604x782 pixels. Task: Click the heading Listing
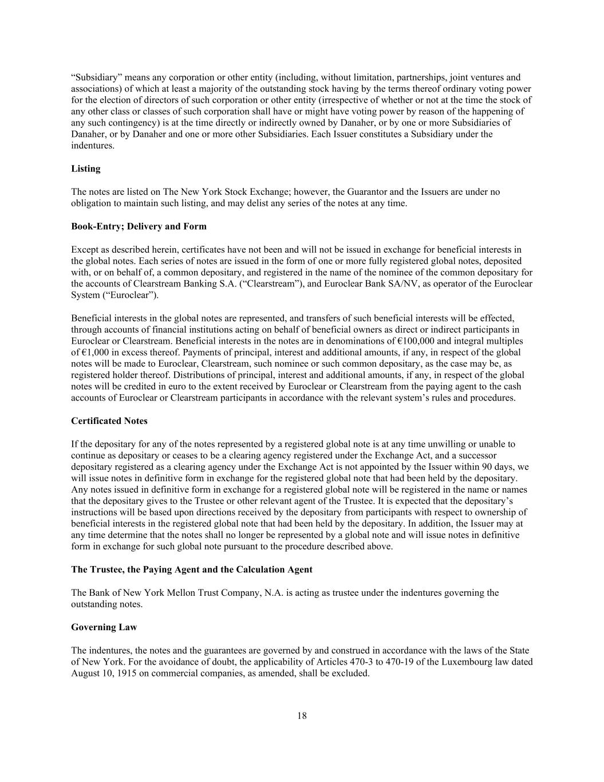[85, 168]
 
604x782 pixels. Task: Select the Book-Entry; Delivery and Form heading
[139, 226]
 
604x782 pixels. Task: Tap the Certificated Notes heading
[109, 421]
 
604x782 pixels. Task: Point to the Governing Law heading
[104, 627]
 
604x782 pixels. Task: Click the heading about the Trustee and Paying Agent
[192, 569]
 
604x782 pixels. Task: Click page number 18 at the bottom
[302, 716]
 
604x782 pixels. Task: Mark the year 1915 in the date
[118, 673]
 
